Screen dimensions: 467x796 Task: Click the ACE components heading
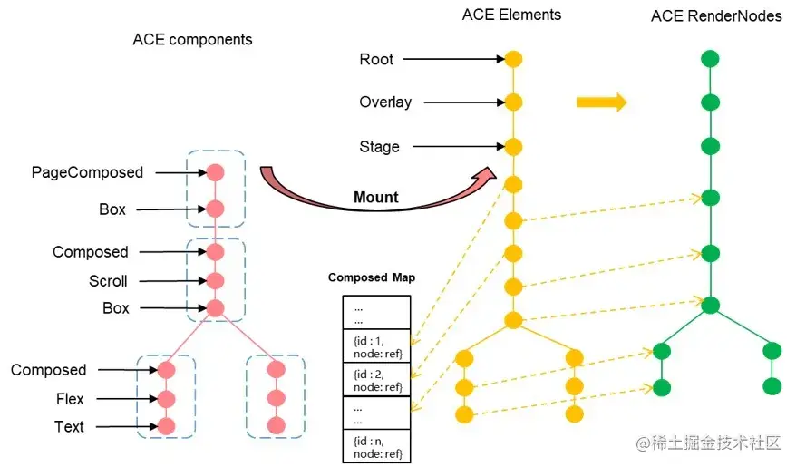click(x=192, y=40)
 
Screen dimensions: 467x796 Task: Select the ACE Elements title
click(x=511, y=15)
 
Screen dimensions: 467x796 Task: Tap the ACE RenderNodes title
click(x=716, y=16)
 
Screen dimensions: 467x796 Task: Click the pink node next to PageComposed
click(x=215, y=171)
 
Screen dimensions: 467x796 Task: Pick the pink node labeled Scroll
click(x=215, y=280)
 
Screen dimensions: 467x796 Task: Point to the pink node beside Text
click(x=165, y=426)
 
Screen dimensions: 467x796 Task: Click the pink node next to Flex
click(x=165, y=398)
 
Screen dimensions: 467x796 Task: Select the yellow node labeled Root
click(x=513, y=59)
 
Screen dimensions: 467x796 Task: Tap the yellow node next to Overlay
click(x=513, y=102)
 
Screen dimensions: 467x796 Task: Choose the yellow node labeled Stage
click(x=513, y=146)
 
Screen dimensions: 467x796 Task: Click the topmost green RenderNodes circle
click(x=710, y=59)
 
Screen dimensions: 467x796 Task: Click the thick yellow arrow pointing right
click(x=601, y=102)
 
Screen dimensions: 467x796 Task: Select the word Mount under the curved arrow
click(x=375, y=197)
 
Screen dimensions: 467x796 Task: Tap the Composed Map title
click(x=372, y=277)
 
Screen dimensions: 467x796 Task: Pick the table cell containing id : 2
click(x=376, y=379)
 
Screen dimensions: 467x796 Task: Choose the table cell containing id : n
click(x=376, y=446)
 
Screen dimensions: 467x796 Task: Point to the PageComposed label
click(x=87, y=172)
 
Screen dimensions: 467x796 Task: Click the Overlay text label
click(x=385, y=102)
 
